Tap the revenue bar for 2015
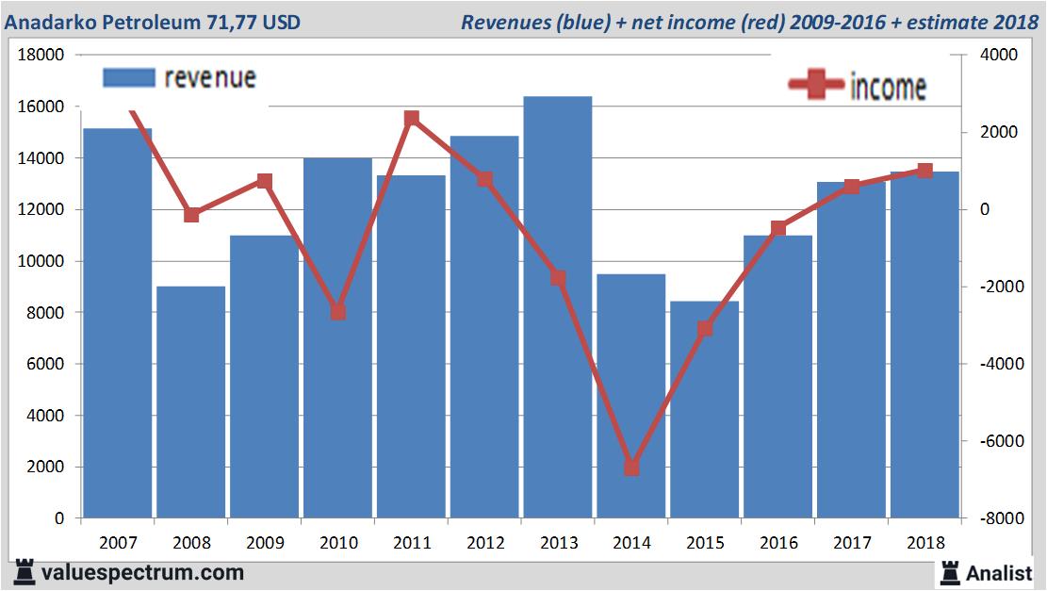click(x=705, y=409)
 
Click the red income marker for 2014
click(x=631, y=468)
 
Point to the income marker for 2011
click(x=411, y=119)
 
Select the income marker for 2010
click(x=337, y=312)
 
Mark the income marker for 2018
click(x=924, y=171)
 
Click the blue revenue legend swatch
click(x=127, y=78)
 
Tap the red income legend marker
click(x=816, y=85)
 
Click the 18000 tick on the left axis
click(x=41, y=56)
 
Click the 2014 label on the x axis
click(x=631, y=544)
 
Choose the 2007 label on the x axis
click(x=117, y=544)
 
